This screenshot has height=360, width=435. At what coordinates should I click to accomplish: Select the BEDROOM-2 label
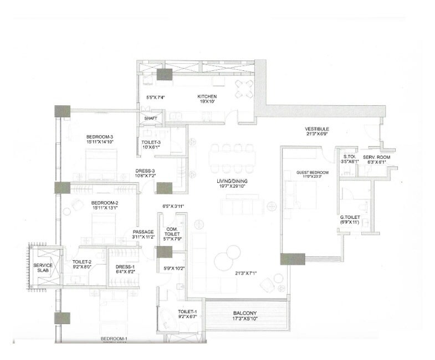tap(105, 203)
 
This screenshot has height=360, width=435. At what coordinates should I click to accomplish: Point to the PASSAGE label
tap(143, 232)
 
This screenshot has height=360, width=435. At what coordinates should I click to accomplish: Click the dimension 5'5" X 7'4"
tap(156, 97)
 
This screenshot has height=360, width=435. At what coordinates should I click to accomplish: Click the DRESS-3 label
tap(146, 171)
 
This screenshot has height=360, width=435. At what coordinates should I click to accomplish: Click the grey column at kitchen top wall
tap(165, 75)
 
